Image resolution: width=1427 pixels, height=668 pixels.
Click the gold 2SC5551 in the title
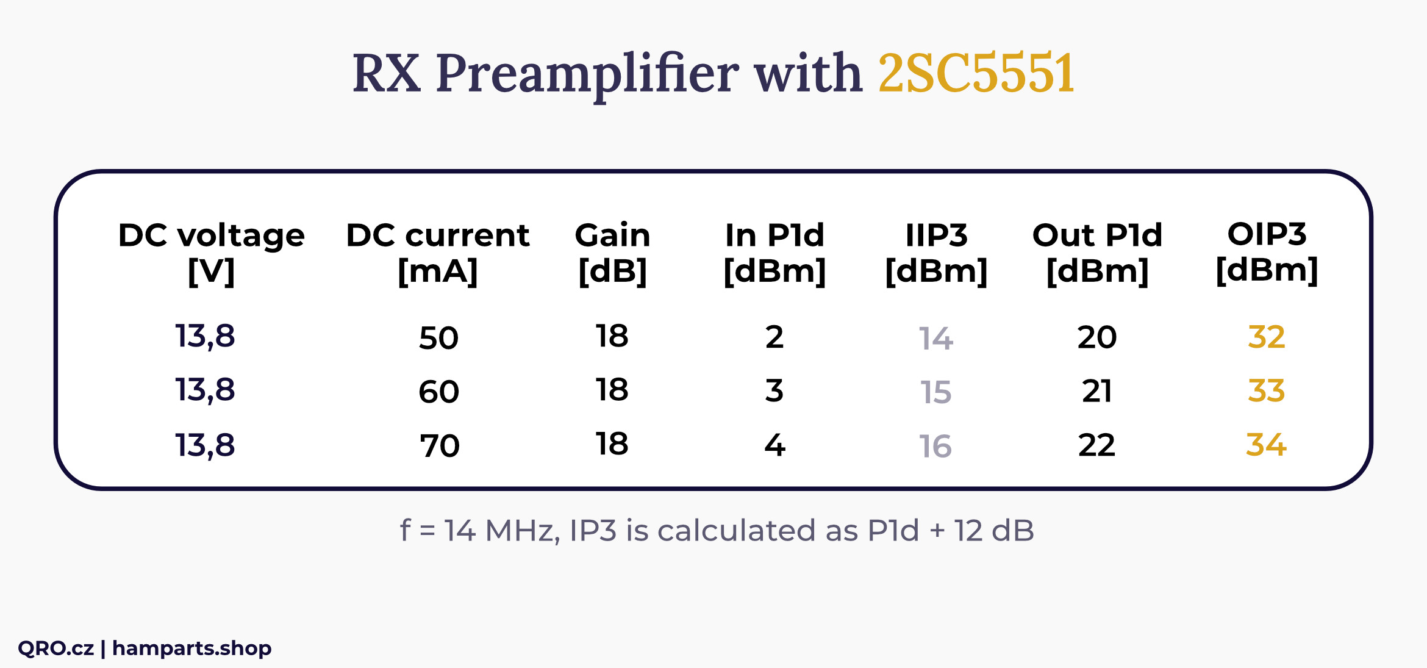coord(976,73)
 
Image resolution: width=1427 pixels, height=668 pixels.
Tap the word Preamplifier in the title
coord(587,76)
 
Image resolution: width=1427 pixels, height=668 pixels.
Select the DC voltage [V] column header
coord(211,253)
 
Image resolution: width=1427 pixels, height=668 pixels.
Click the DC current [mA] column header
coord(438,253)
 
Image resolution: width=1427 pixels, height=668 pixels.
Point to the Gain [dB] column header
coord(613,253)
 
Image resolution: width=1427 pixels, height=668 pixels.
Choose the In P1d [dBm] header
coord(774,253)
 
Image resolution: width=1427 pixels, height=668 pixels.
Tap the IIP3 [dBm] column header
coord(936,253)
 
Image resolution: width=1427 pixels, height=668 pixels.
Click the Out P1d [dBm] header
coord(1098,253)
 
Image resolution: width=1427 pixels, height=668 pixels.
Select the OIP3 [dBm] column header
coord(1267,252)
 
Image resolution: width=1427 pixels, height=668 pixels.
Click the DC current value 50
coord(438,338)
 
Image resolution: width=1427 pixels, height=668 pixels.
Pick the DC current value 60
coord(438,392)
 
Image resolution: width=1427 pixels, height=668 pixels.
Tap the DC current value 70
coord(439,446)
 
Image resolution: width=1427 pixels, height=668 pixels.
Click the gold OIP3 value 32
coord(1267,337)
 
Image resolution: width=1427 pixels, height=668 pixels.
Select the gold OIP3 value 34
coord(1267,444)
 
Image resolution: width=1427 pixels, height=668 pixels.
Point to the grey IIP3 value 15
coord(935,392)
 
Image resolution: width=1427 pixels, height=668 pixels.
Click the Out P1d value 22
coord(1096,445)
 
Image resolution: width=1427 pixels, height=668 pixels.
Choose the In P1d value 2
coord(774,337)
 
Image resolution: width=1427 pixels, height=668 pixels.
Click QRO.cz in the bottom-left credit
coord(55,648)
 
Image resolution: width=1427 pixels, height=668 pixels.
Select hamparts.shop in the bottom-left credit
coord(192,648)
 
